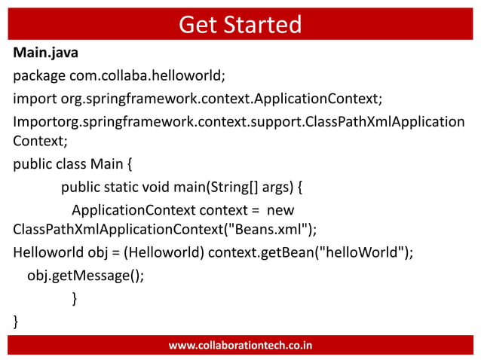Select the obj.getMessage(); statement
tap(85, 275)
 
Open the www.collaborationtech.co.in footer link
tap(240, 346)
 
